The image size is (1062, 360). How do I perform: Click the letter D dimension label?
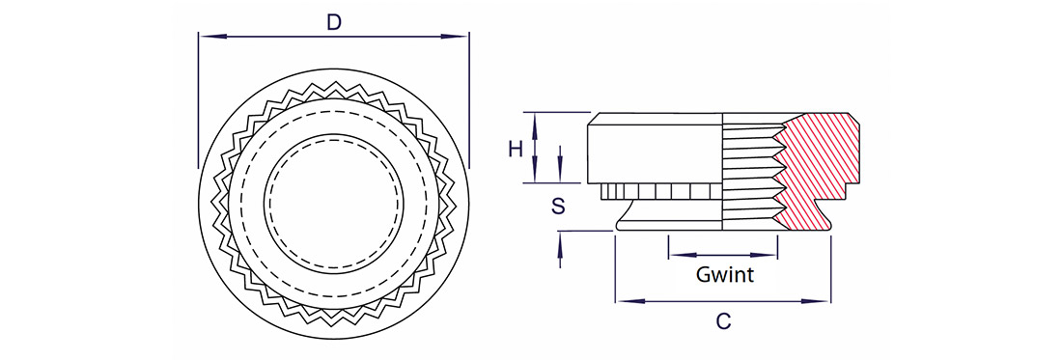pos(333,21)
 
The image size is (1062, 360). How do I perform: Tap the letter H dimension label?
pos(517,149)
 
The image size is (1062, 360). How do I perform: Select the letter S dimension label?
pos(558,207)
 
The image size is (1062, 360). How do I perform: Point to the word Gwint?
pos(725,275)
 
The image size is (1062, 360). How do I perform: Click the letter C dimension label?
pos(723,321)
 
